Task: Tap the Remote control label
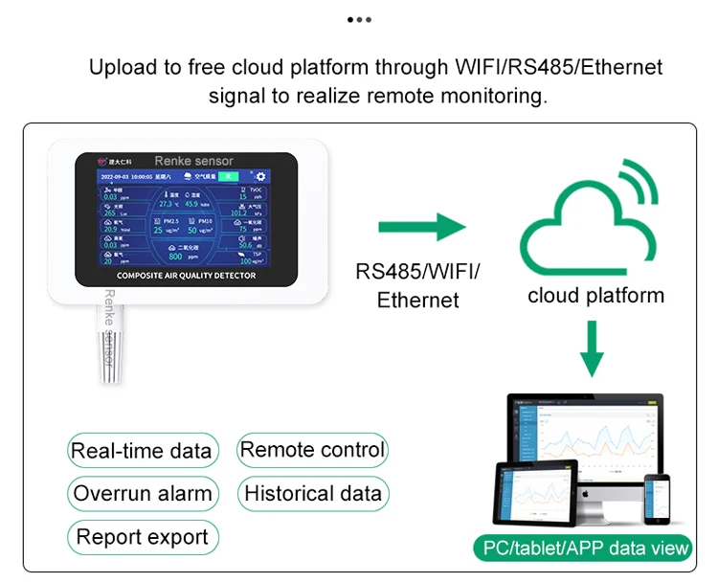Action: coord(312,450)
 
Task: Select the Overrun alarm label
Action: coord(143,495)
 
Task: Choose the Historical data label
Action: coord(313,494)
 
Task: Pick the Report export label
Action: coord(143,537)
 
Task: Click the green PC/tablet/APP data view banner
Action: coord(582,548)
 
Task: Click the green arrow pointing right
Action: coord(421,228)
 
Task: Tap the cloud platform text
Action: coord(595,295)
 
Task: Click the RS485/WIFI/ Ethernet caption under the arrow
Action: coord(418,285)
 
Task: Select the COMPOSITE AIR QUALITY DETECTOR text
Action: coord(186,276)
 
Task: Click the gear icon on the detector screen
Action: coord(259,176)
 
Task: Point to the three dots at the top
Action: coord(358,19)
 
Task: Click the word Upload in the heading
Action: coord(121,68)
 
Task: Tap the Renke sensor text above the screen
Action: coord(193,161)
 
